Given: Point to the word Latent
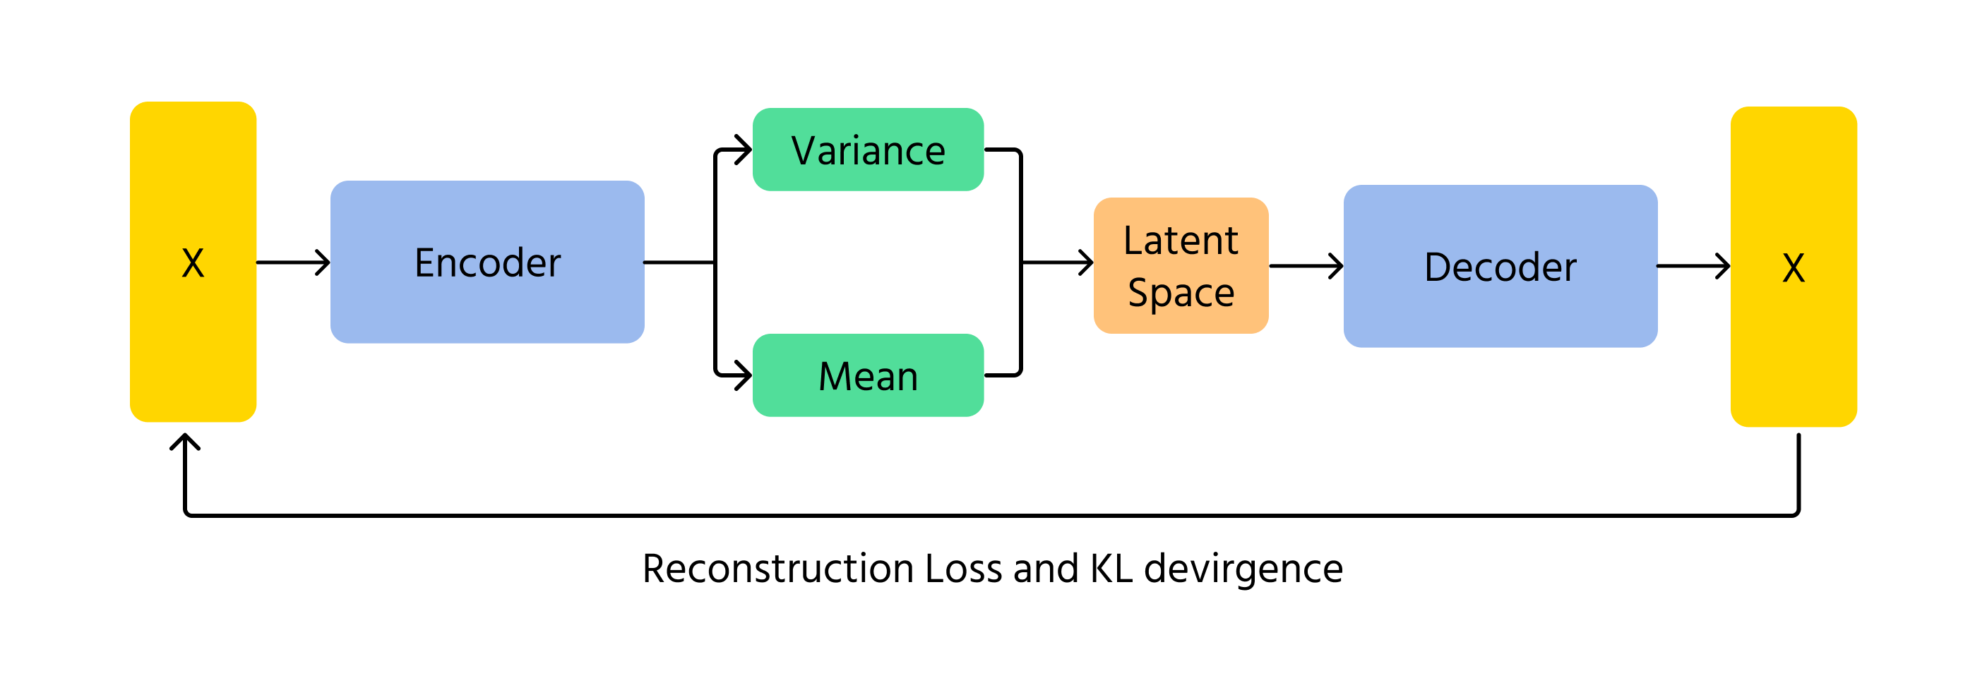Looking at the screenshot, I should [x=1180, y=241].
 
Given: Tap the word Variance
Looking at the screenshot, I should [x=868, y=150].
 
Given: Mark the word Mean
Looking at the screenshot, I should [x=868, y=377].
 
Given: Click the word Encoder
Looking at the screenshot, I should [x=487, y=263].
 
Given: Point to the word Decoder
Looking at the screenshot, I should [x=1500, y=267].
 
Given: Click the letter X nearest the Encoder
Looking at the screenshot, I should [x=193, y=264].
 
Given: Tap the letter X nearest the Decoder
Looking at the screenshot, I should [x=1794, y=268].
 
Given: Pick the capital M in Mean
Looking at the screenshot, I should [x=834, y=377].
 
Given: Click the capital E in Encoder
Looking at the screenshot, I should [x=424, y=263].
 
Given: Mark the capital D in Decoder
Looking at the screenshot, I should [x=1436, y=267].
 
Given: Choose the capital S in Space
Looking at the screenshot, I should [x=1137, y=292].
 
